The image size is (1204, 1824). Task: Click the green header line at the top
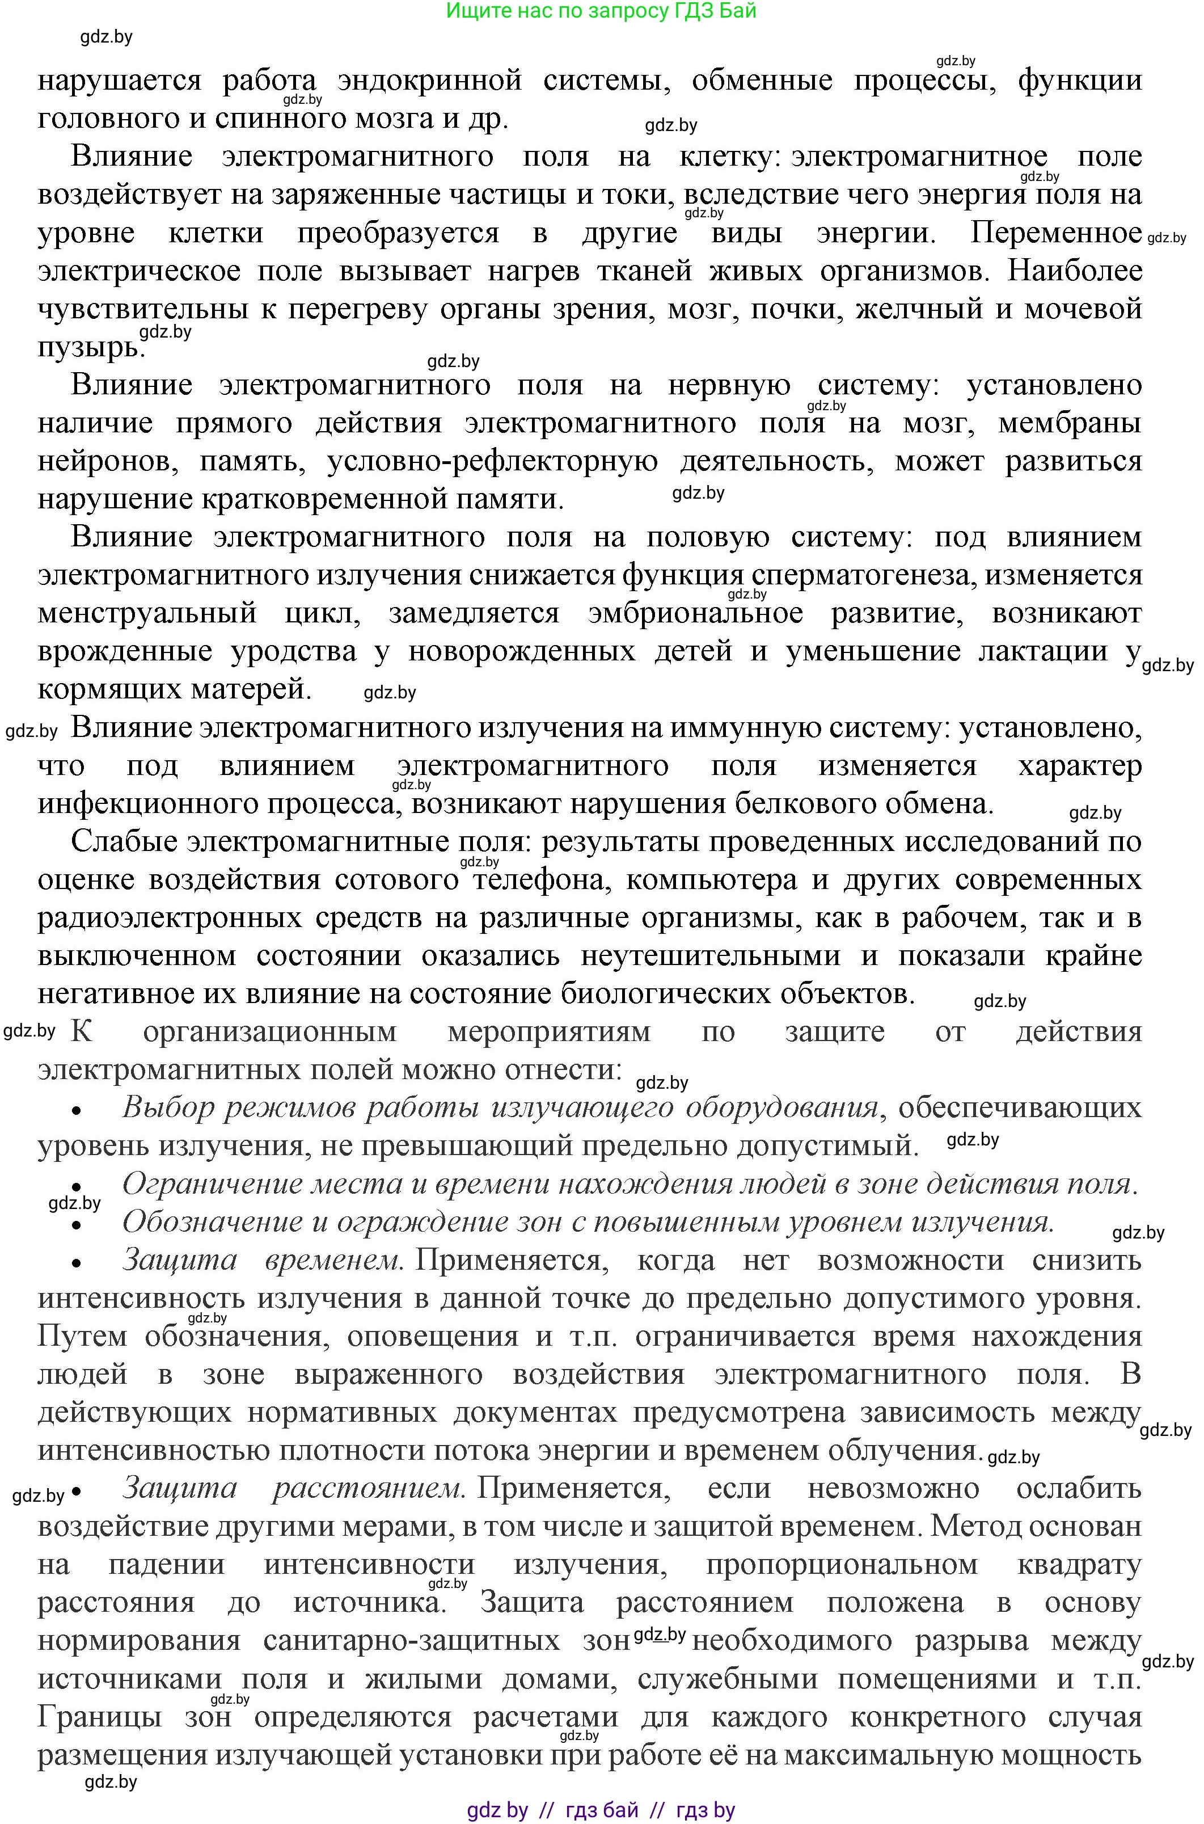coord(601,11)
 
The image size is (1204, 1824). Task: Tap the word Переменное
coord(1057,233)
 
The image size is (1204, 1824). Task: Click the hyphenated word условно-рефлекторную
coord(492,462)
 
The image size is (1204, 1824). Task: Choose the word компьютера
coord(711,880)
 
